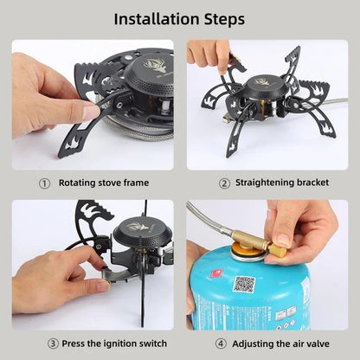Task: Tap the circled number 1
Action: pos(44,183)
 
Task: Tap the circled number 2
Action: pos(223,183)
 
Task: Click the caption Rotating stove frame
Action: pos(103,183)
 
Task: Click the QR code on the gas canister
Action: pos(245,284)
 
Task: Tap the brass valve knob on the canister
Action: pos(278,248)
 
